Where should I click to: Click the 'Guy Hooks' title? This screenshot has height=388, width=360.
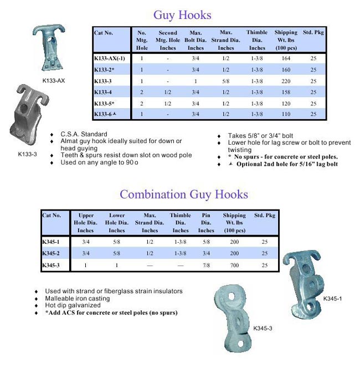point(182,15)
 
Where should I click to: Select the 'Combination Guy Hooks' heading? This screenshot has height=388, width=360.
point(183,195)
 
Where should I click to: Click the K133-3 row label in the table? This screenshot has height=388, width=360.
point(104,81)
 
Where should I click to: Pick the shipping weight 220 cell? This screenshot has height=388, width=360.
point(286,81)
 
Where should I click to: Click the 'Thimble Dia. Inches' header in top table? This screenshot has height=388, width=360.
point(257,40)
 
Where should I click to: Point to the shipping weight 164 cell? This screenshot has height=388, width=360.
point(286,58)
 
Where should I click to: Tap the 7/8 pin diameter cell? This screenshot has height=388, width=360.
point(206,266)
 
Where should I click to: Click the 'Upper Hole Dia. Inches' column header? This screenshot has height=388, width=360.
point(86,223)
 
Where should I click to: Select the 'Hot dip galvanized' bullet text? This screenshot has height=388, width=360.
point(73,305)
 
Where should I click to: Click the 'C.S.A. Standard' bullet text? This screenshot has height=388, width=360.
point(84,134)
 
